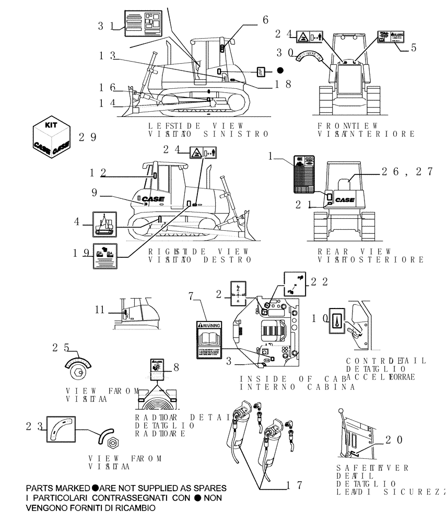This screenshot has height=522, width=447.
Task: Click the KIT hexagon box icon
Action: (x=51, y=136)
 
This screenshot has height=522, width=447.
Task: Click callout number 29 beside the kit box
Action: (x=87, y=137)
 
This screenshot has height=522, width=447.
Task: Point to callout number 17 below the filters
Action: (x=295, y=485)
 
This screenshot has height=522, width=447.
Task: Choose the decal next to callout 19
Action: (x=105, y=256)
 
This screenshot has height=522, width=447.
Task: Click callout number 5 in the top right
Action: (x=413, y=47)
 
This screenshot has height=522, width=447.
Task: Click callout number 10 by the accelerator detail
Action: (x=319, y=318)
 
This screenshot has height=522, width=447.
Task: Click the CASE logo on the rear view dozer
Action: (x=345, y=199)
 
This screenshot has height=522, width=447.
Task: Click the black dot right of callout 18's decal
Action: (x=280, y=70)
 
